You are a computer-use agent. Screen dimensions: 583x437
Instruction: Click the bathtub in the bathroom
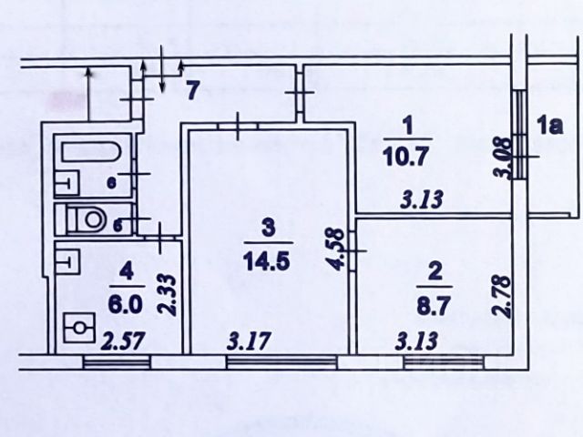pos(91,164)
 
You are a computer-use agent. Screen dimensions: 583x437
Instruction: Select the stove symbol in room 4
pos(79,329)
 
